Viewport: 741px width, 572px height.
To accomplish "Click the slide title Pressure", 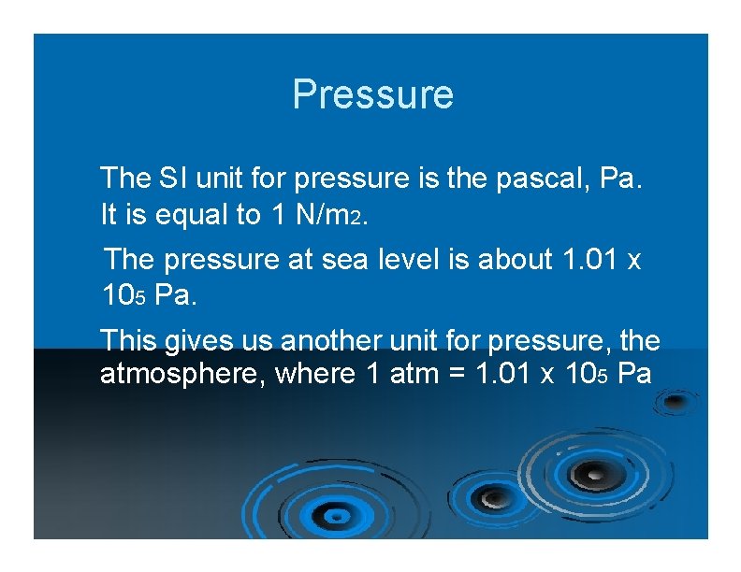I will point(372,94).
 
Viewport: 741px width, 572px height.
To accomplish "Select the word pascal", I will point(543,177).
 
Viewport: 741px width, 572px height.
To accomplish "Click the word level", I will point(411,259).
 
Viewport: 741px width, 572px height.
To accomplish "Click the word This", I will point(128,339).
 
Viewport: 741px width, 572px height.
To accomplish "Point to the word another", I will point(330,339).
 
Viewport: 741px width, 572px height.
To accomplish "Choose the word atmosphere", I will point(167,374).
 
